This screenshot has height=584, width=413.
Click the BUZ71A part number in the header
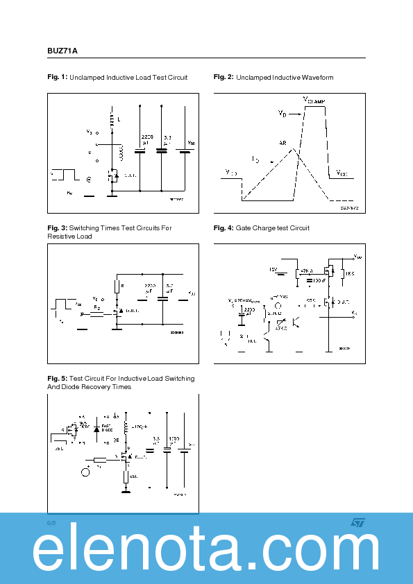point(62,51)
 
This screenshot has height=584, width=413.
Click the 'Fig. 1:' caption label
point(57,78)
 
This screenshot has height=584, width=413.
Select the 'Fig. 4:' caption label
point(224,228)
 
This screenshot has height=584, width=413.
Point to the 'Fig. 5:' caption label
point(57,379)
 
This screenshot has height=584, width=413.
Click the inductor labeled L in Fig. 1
point(111,119)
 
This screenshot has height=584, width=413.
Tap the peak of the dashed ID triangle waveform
point(294,148)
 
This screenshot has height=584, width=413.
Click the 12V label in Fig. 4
point(273,268)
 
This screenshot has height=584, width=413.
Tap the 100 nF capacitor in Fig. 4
point(309,280)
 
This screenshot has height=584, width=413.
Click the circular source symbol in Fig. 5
point(86,472)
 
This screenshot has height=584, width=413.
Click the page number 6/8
point(51,522)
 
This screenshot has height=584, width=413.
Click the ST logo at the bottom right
point(357,522)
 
